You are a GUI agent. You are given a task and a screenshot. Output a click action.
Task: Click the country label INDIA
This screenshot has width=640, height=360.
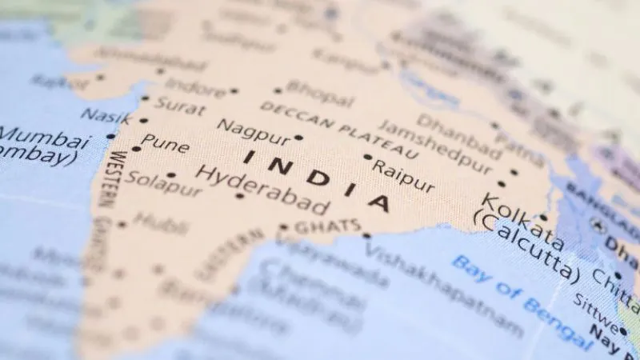coord(317,178)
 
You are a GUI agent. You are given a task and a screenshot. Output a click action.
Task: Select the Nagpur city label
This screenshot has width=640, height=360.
coord(253,129)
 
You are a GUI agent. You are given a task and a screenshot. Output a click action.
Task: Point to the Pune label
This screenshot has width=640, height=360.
coord(166,146)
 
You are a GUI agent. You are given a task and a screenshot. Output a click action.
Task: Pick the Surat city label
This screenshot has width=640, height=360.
coord(180,104)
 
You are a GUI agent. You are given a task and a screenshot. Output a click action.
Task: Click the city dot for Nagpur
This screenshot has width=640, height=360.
coord(298,138)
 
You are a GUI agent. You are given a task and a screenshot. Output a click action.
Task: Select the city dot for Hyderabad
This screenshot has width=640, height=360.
coord(239,196)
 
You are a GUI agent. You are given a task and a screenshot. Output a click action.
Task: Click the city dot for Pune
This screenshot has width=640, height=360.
coord(136,149)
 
